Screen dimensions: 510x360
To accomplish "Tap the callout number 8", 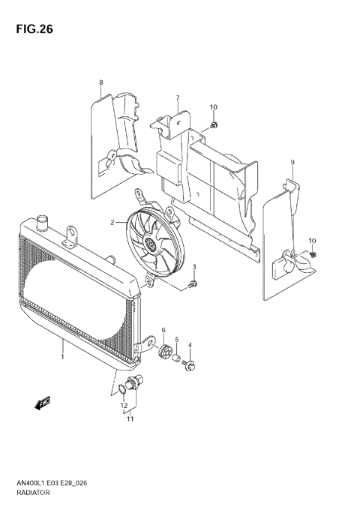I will (x=100, y=82).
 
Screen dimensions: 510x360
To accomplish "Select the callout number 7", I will (x=178, y=98).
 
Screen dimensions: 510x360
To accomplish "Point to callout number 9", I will (x=292, y=162).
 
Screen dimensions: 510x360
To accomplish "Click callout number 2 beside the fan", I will (x=112, y=222).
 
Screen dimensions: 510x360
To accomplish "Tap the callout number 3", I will (x=194, y=267).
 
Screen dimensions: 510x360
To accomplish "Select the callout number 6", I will (x=163, y=330).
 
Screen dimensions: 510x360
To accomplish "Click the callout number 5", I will (x=177, y=339).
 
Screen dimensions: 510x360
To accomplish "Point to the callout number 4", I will (x=190, y=345).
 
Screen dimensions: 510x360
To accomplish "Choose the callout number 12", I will (x=124, y=406).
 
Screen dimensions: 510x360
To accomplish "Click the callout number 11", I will (x=130, y=418).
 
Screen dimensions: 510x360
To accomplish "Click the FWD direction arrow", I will (x=42, y=403).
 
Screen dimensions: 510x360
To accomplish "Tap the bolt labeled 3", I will (x=193, y=284).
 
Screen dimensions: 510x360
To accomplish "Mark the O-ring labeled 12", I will (x=121, y=388).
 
